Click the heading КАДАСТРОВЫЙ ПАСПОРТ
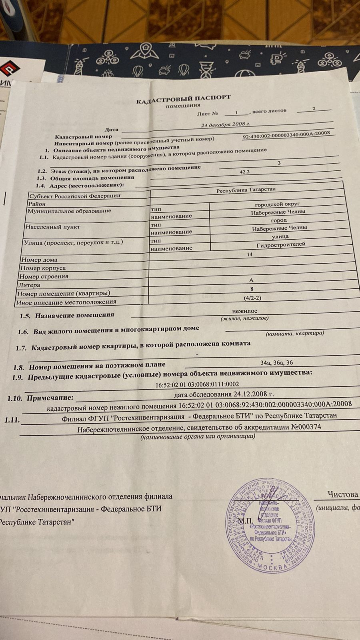coord(184,99)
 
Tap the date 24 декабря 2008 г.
coord(226,124)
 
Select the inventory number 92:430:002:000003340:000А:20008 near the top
coord(286,134)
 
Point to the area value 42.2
coord(244,172)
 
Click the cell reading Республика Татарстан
coord(246,190)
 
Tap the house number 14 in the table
coord(250,254)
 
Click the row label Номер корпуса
coord(43,268)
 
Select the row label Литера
coord(29,285)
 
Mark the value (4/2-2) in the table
coord(252,298)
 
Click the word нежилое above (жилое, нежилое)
coord(245,311)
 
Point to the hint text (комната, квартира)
coord(295,333)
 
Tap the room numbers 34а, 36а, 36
coord(276,363)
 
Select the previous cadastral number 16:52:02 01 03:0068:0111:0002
coord(198,384)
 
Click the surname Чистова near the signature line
coord(343,494)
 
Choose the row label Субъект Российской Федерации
coord(75,196)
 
